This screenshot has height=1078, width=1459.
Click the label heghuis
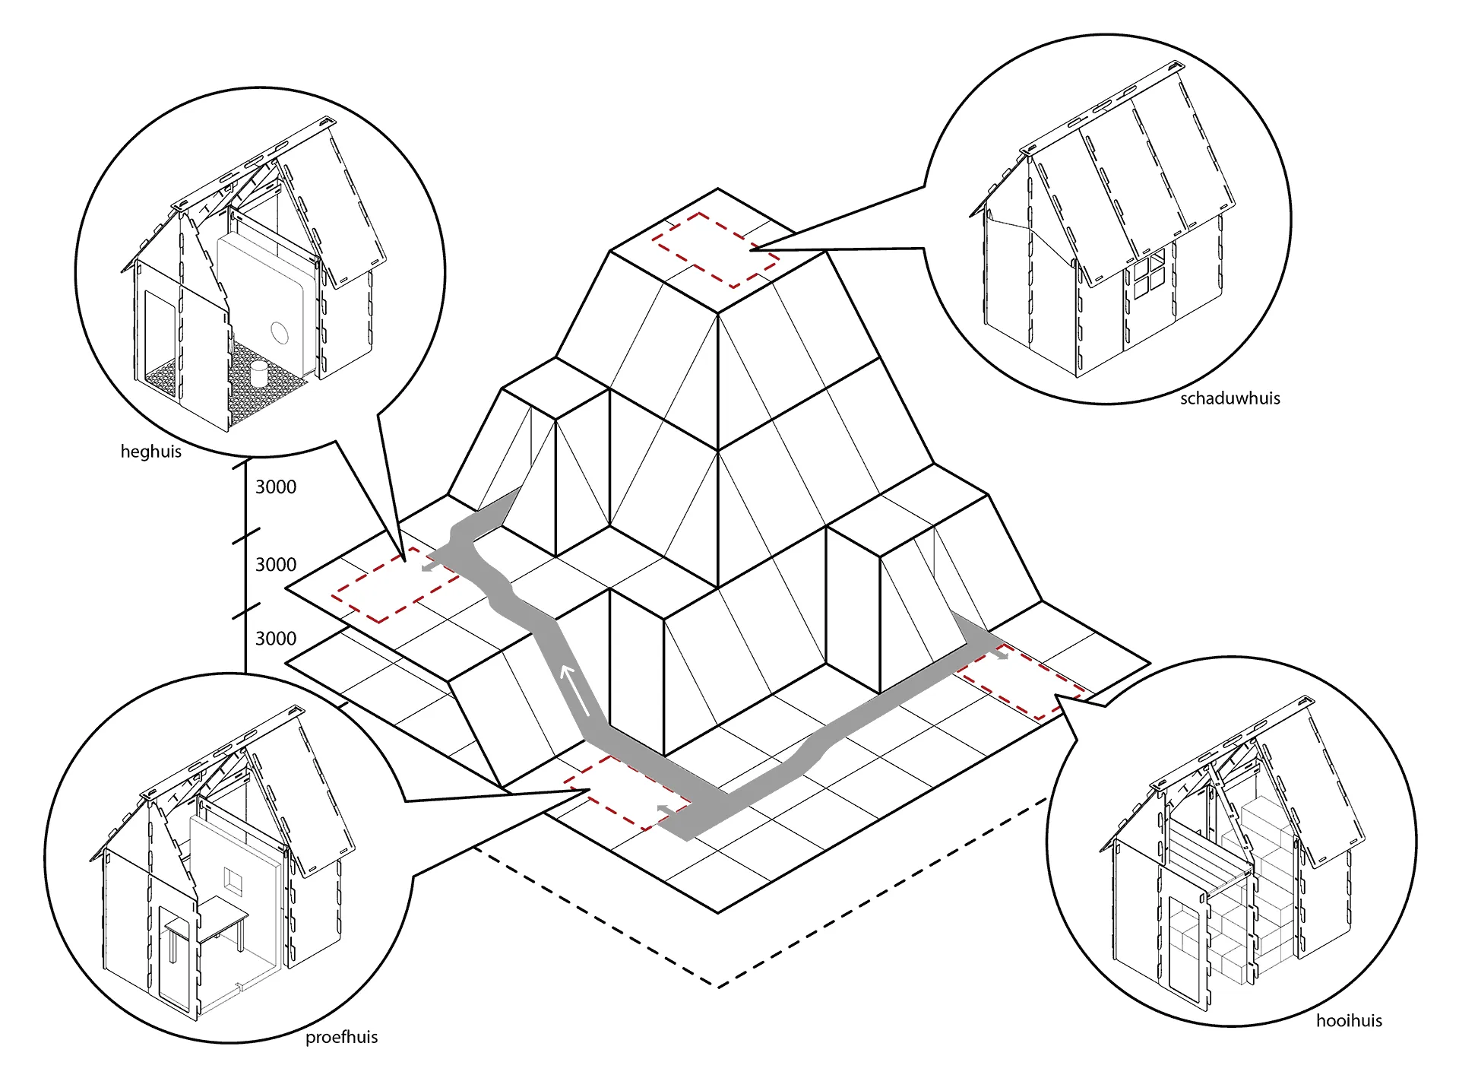click(x=150, y=452)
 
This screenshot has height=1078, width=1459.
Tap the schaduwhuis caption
click(x=1230, y=398)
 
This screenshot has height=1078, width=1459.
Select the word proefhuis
click(x=341, y=1038)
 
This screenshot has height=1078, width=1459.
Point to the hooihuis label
click(x=1349, y=1020)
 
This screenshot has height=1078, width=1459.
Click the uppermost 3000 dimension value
click(x=275, y=487)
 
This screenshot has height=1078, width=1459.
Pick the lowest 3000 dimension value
click(x=275, y=639)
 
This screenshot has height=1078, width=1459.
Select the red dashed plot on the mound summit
click(x=715, y=250)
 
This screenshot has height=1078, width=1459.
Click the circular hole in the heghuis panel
click(x=280, y=332)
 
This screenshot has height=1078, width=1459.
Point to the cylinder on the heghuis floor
click(x=259, y=373)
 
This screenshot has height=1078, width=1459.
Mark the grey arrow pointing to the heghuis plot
click(x=433, y=566)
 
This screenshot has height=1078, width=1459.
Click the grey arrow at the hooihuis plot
click(x=999, y=651)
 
